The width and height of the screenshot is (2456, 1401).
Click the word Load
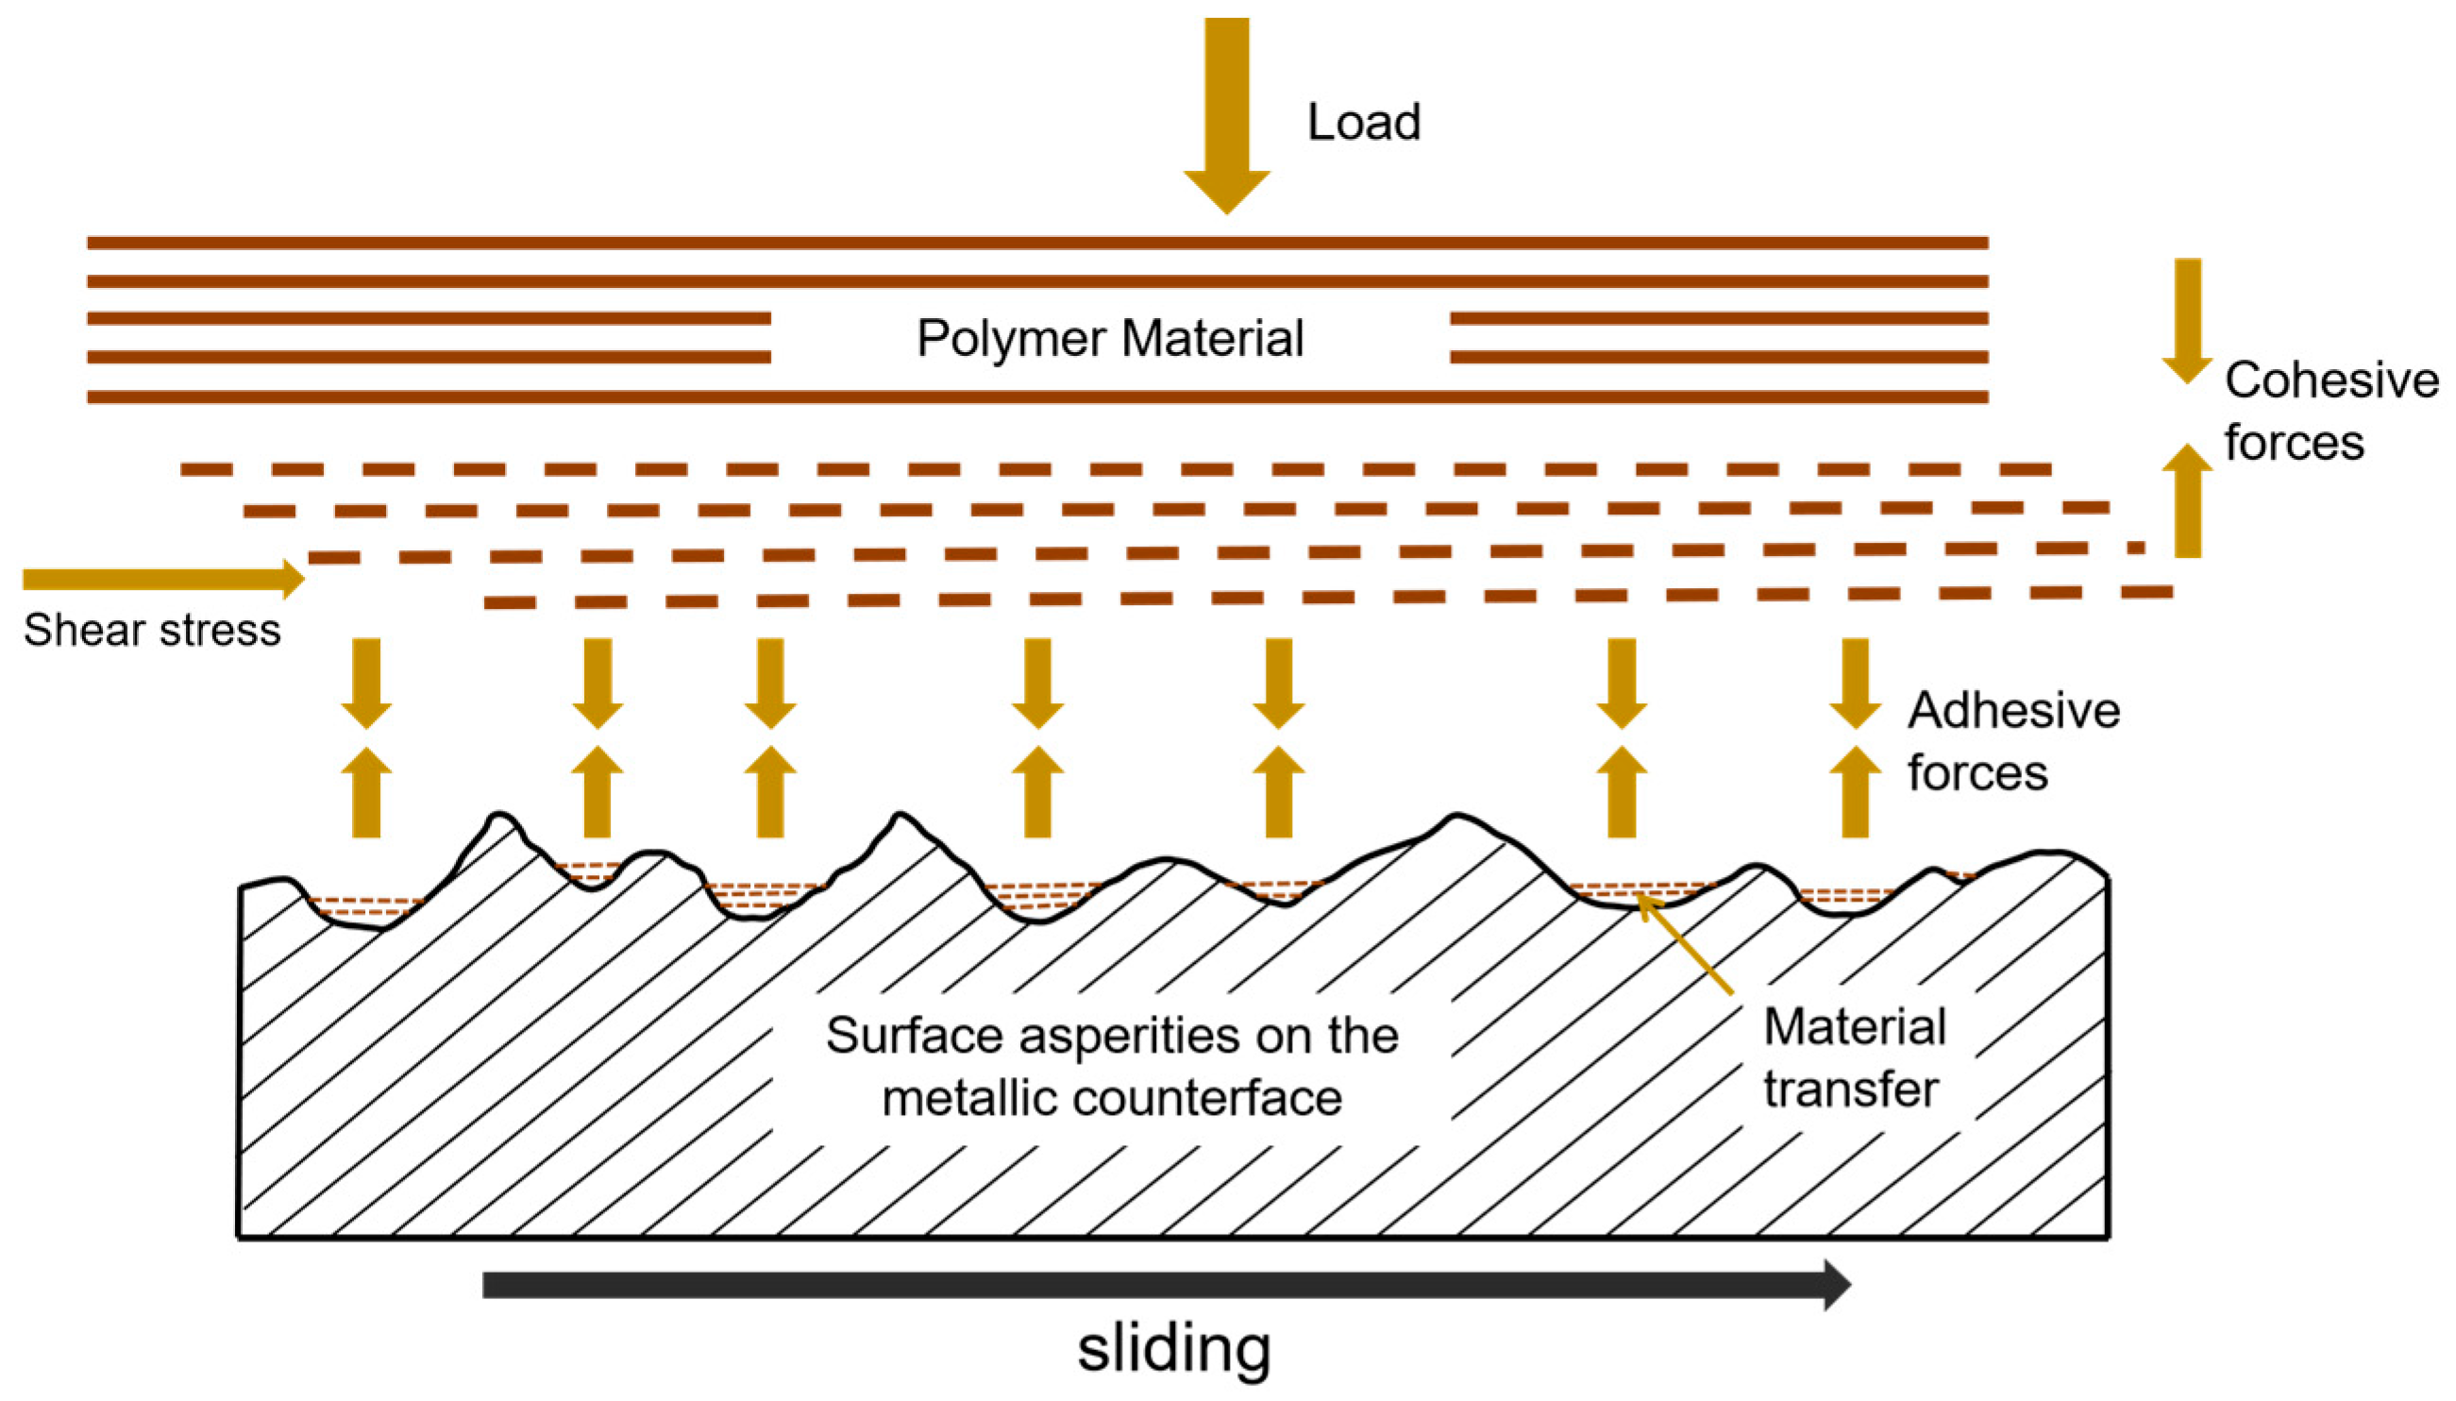[x=1363, y=122]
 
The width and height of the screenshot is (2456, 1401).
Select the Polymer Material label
[x=1109, y=339]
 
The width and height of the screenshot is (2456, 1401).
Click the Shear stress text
[x=152, y=631]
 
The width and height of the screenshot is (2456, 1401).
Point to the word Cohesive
[x=2331, y=380]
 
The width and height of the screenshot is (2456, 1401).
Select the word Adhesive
[x=2013, y=710]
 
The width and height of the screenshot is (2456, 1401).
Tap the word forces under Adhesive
[x=1977, y=772]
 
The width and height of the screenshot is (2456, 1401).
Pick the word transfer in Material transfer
[x=1850, y=1089]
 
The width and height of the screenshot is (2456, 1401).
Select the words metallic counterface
[x=1111, y=1098]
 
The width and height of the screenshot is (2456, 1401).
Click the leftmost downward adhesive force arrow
[x=366, y=683]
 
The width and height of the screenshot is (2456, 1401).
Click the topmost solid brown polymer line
[x=1037, y=243]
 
